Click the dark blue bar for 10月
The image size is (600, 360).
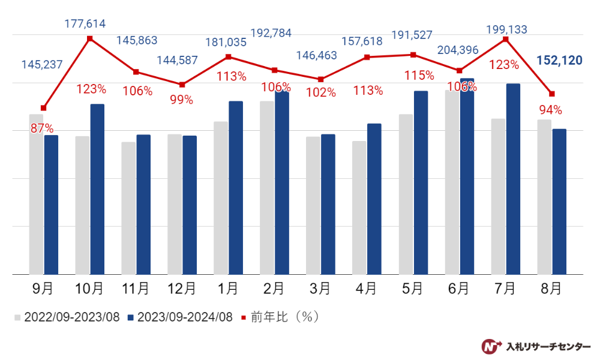97,189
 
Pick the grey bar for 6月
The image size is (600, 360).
452,182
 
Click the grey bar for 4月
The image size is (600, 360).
359,208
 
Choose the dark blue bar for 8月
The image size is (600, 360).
559,202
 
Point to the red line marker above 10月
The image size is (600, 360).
90,38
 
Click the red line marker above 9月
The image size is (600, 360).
43,108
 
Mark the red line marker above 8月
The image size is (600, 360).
551,94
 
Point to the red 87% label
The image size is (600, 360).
42,128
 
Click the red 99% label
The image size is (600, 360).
181,100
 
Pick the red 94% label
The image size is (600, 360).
550,110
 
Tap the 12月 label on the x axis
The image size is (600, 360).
182,289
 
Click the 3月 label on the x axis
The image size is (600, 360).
319,289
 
